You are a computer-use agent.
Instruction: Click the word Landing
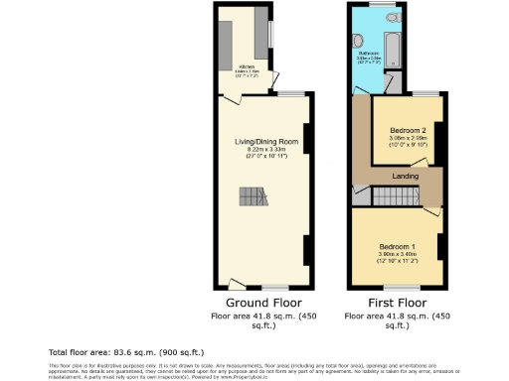[405, 177]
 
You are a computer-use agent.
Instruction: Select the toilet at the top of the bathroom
[391, 17]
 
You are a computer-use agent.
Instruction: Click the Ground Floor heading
[263, 302]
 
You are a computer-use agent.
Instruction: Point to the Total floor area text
[126, 352]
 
